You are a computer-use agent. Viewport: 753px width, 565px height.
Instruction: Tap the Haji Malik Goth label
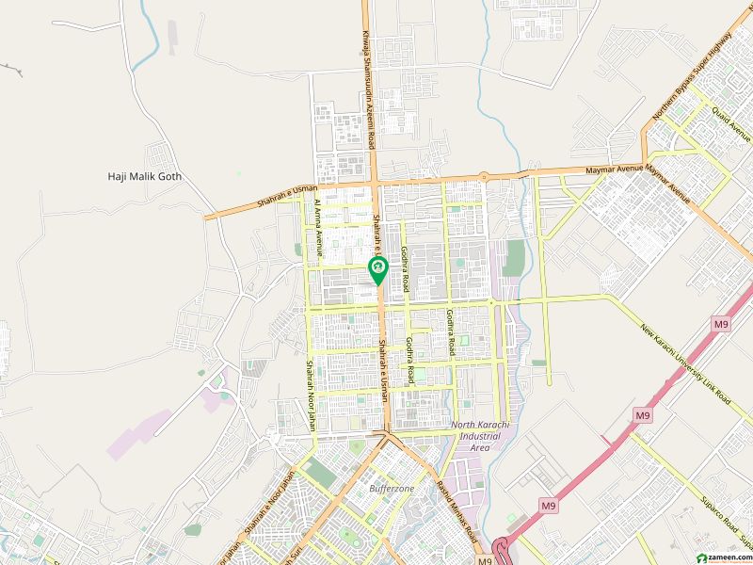[144, 176]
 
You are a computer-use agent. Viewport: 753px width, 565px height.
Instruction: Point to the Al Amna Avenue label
[319, 228]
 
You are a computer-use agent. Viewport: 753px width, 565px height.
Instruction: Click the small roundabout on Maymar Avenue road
[483, 175]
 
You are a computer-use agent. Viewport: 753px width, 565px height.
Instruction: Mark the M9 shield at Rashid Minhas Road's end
[484, 561]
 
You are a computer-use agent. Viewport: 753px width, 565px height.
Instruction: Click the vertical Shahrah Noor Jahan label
[308, 394]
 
